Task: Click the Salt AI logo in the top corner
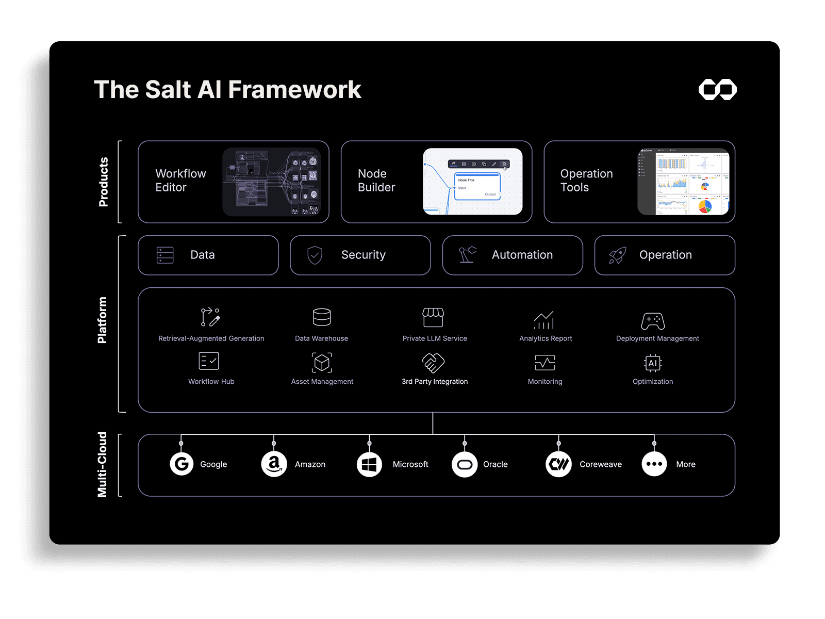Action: (717, 89)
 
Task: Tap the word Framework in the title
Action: (294, 90)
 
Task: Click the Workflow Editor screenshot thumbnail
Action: (272, 182)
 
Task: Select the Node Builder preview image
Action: (472, 182)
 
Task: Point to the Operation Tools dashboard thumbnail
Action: (683, 182)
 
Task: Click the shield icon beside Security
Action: (315, 255)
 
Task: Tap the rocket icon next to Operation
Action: (617, 255)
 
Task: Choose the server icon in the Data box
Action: (165, 255)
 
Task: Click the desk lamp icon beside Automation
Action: (467, 255)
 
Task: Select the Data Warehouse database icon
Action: (322, 317)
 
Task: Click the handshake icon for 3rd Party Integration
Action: (434, 363)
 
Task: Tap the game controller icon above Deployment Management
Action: (653, 321)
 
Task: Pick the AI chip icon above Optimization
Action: (653, 363)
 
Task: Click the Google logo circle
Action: (181, 464)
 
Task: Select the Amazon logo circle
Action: (274, 464)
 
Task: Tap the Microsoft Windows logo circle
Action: (369, 464)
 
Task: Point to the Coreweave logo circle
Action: (558, 464)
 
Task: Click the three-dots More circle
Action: (654, 464)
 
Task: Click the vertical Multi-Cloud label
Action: (102, 465)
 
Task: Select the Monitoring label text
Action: (545, 382)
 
